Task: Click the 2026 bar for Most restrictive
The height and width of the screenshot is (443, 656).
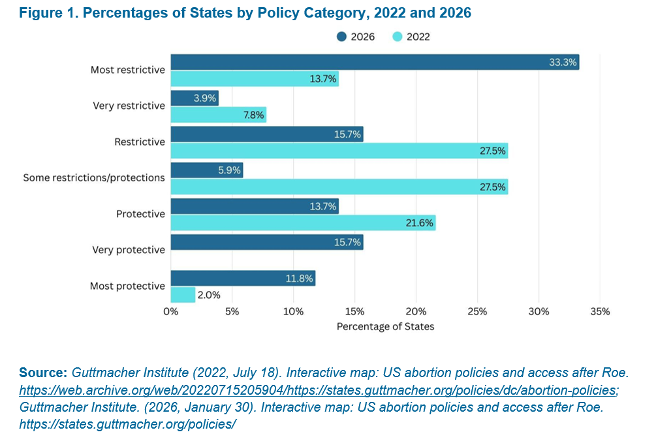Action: coord(375,63)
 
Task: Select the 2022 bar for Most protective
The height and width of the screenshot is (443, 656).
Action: coord(183,294)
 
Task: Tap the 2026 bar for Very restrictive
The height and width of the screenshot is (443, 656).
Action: coord(195,99)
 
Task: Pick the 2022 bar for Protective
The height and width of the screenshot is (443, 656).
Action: coord(304,222)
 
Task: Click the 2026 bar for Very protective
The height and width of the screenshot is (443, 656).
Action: coord(267,242)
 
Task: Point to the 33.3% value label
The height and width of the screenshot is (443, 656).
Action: coord(563,63)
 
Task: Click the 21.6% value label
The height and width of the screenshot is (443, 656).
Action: coord(419,223)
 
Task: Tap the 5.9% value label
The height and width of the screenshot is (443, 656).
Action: coord(229,170)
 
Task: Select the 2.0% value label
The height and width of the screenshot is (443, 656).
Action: coord(209,295)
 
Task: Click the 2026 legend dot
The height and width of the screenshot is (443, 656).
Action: coord(341,37)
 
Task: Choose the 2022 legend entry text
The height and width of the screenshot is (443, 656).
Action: coord(418,37)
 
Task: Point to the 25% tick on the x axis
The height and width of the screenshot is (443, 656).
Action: coord(477,312)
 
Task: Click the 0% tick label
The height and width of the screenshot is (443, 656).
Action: coord(171,312)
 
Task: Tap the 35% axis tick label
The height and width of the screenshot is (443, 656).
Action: coord(600,312)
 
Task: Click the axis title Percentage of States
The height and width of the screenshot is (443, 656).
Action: coord(385,327)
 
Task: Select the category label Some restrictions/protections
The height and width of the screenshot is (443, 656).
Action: coord(94,177)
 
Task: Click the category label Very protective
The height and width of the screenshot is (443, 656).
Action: coord(129,250)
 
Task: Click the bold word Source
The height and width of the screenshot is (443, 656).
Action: coord(43,373)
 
